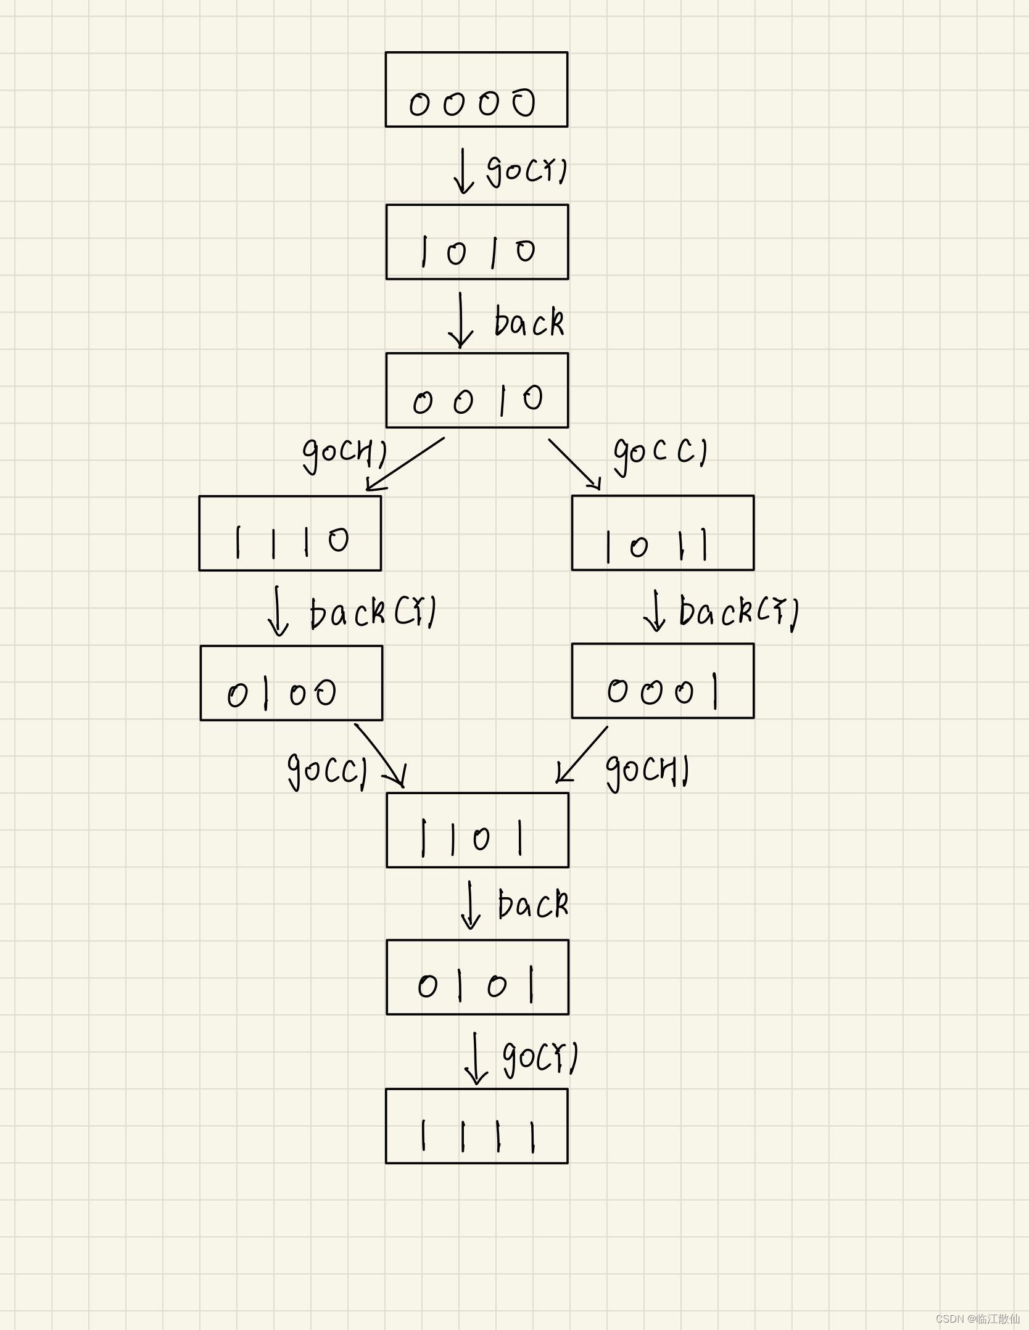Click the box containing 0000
[x=476, y=89]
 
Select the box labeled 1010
[x=477, y=242]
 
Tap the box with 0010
[x=477, y=390]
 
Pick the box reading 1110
[x=290, y=533]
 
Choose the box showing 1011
[x=663, y=533]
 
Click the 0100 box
[x=291, y=683]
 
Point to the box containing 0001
[x=663, y=681]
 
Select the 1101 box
[x=477, y=830]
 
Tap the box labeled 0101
[x=477, y=977]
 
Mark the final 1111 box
[x=477, y=1126]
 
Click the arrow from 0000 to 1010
[x=463, y=171]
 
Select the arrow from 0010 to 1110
[x=406, y=464]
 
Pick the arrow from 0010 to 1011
[x=574, y=464]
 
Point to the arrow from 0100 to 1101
[x=380, y=755]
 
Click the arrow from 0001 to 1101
[x=582, y=754]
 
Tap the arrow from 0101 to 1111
[x=476, y=1057]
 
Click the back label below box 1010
[x=529, y=322]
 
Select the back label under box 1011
[x=738, y=612]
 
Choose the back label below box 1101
[x=532, y=905]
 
